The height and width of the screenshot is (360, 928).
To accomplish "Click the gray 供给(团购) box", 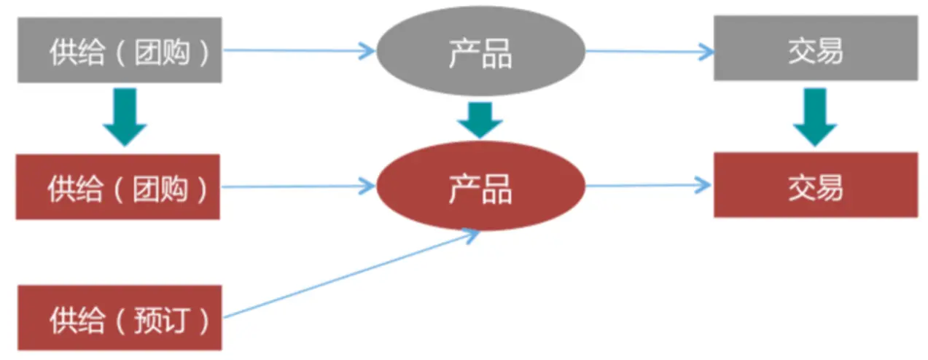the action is (x=120, y=50).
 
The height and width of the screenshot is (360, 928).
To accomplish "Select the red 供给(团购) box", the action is (x=118, y=187).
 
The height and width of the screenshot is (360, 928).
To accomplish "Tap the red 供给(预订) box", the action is (x=120, y=318).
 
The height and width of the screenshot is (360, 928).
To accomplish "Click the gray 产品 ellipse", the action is (x=480, y=51).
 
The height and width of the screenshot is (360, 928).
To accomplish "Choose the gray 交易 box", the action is (x=815, y=48).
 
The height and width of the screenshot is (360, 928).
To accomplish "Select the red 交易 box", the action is (x=815, y=185).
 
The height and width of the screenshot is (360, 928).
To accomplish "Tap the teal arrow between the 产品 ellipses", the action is (x=480, y=119).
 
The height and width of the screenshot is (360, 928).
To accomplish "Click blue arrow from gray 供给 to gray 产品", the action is (x=299, y=50).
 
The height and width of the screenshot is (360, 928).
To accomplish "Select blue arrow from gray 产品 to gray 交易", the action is (x=649, y=51).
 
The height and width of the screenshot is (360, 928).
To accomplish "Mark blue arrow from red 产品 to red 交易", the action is (x=649, y=186).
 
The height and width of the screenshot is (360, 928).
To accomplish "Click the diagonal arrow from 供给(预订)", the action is (x=350, y=275).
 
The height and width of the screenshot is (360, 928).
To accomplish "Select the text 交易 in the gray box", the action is (x=815, y=50).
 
